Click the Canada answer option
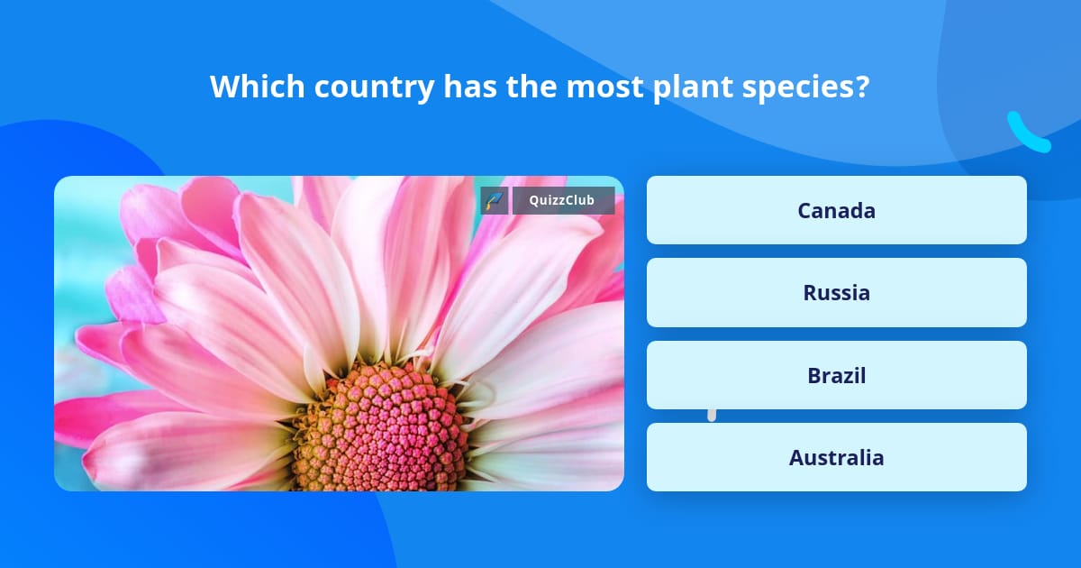pyautogui.click(x=836, y=210)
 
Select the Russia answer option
pyautogui.click(x=836, y=293)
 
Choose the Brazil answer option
pyautogui.click(x=836, y=375)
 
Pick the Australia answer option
pyautogui.click(x=836, y=457)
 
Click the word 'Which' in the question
pyautogui.click(x=249, y=87)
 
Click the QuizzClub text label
pyautogui.click(x=563, y=200)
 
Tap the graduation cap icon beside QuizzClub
pyautogui.click(x=495, y=200)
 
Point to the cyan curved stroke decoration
pyautogui.click(x=1027, y=133)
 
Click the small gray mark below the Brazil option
pyautogui.click(x=712, y=415)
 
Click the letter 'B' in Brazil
pyautogui.click(x=813, y=375)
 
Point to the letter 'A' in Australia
pyautogui.click(x=797, y=457)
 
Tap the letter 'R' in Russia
pyautogui.click(x=810, y=293)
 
